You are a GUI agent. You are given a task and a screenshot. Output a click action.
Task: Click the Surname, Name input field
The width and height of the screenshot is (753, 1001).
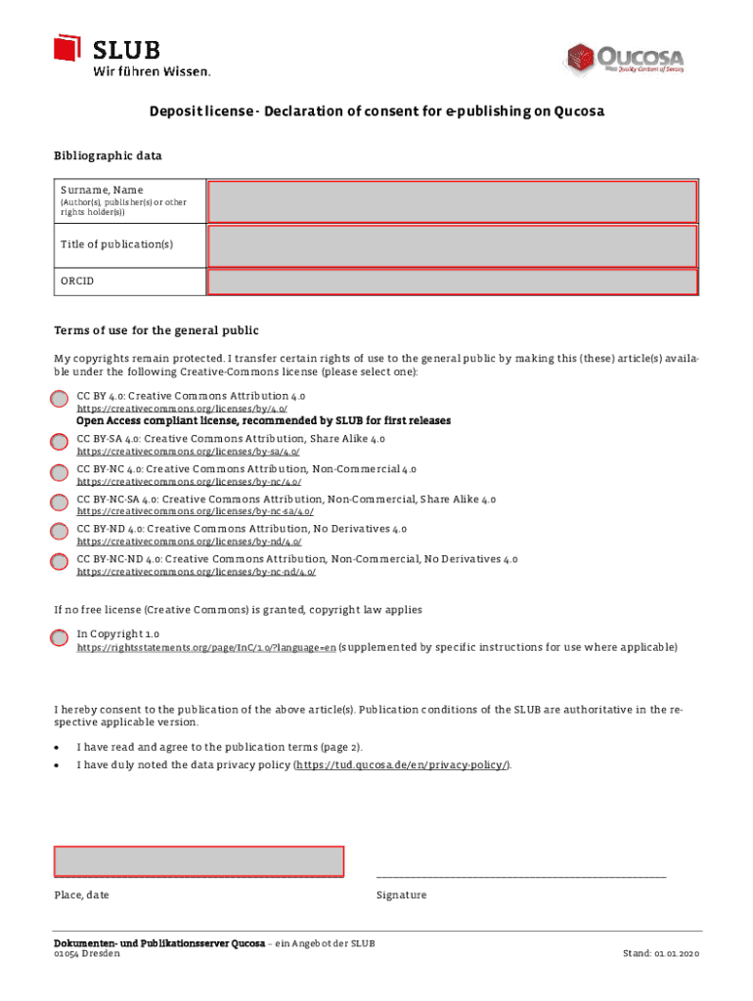click(452, 200)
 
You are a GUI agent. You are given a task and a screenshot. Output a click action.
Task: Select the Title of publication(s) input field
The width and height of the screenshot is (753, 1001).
click(452, 243)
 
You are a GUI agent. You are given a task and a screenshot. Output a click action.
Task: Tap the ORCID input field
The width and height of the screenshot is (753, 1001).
click(452, 282)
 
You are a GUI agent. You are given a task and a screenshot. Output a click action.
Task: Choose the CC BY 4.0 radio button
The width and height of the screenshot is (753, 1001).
click(60, 400)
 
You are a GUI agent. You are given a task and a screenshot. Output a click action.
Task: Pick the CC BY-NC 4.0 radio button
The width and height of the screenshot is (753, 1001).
click(60, 473)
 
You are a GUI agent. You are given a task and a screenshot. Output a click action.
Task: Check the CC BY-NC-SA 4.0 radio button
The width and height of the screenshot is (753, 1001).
click(60, 503)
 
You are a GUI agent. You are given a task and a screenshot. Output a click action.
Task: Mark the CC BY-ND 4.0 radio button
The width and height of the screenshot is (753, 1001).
click(60, 533)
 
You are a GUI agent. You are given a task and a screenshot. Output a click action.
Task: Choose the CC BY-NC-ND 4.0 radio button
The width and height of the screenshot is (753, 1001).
click(60, 562)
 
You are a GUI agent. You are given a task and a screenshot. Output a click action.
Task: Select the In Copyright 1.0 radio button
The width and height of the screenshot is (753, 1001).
click(60, 638)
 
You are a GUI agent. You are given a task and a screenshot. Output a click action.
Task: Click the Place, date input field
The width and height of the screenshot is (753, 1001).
click(199, 861)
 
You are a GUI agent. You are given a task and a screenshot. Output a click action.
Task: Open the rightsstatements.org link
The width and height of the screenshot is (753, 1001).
click(206, 648)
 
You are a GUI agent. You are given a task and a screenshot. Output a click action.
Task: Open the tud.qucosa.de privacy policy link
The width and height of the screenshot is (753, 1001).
click(401, 765)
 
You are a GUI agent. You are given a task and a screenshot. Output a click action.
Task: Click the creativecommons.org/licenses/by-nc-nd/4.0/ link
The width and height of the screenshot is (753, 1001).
click(196, 572)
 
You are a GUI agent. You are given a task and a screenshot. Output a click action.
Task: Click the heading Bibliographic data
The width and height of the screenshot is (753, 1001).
click(108, 155)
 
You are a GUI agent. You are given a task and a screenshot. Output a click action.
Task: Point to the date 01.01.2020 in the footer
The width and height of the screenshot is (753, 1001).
click(676, 954)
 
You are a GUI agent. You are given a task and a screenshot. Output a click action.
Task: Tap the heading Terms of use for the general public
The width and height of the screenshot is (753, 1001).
click(155, 330)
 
